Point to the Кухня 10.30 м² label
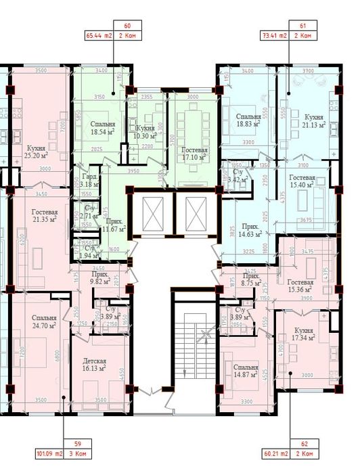click(x=145, y=132)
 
